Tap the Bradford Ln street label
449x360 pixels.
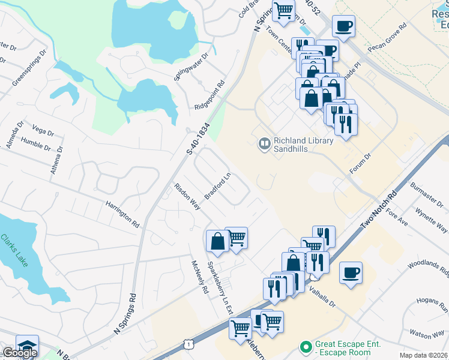[x=218, y=187]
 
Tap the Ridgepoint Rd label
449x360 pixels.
[x=209, y=95]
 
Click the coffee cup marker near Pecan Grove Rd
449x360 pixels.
[x=343, y=26]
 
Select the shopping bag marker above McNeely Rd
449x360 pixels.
[x=217, y=241]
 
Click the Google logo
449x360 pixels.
[x=19, y=353]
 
